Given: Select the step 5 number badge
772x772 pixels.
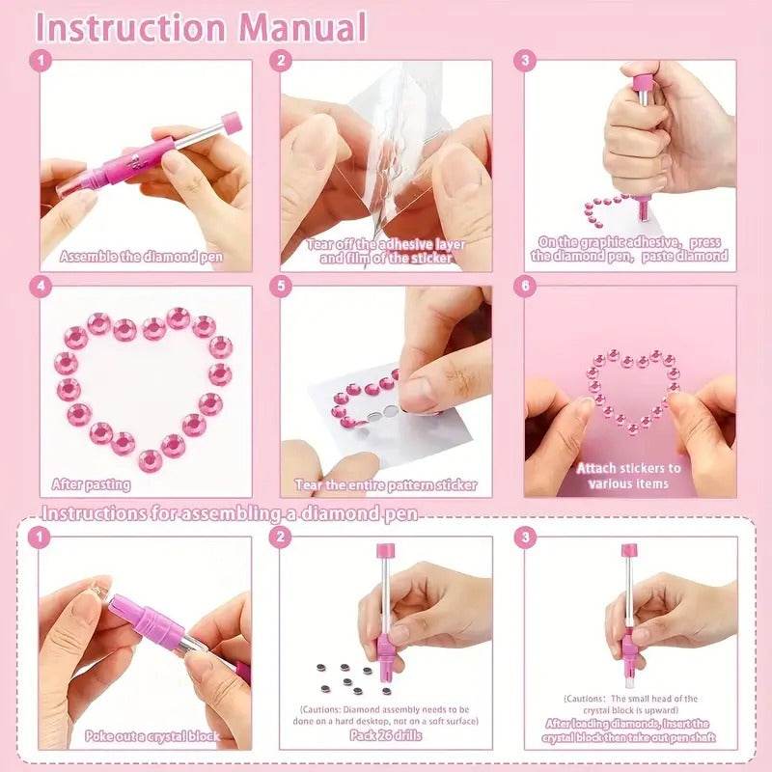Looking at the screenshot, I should (x=282, y=287).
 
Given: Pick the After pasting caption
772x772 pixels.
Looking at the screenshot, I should (x=92, y=485).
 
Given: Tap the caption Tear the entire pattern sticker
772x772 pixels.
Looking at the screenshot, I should (x=386, y=485).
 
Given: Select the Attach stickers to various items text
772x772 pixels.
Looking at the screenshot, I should (x=628, y=475).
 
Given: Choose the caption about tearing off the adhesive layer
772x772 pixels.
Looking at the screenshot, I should (x=386, y=251).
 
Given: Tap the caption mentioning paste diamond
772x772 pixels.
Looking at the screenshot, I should (x=630, y=249).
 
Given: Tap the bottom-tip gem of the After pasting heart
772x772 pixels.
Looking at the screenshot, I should (x=149, y=459).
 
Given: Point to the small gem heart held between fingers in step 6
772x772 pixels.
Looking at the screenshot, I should (x=631, y=392).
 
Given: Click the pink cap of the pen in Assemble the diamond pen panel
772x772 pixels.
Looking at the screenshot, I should (x=230, y=124).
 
